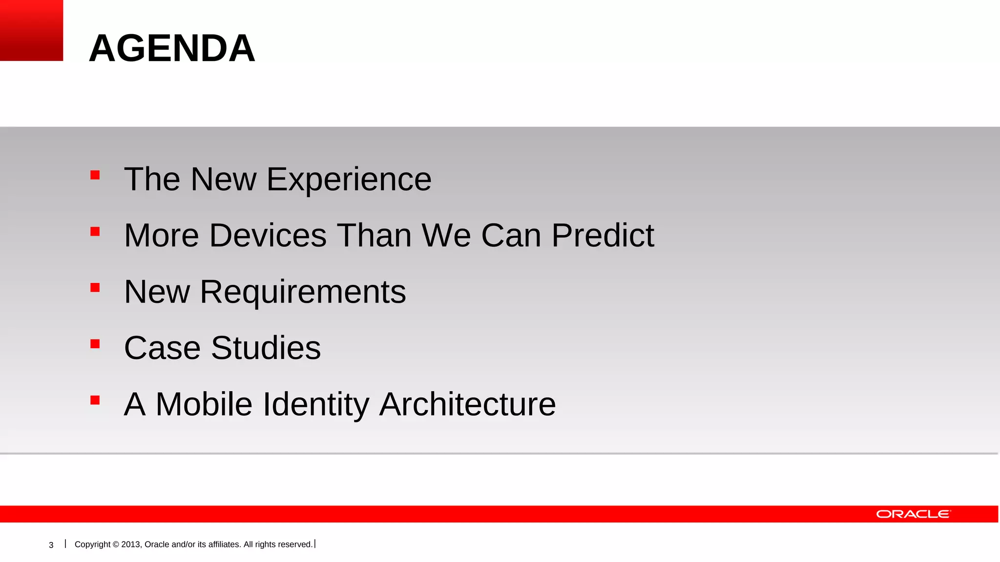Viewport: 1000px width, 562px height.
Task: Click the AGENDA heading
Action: coord(172,48)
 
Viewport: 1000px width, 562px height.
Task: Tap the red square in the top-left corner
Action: coord(31,30)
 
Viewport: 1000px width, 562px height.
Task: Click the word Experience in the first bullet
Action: coord(349,180)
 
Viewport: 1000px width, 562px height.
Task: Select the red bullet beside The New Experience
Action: coord(95,175)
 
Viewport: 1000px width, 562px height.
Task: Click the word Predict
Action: coord(603,236)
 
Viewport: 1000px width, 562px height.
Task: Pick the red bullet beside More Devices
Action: coord(95,231)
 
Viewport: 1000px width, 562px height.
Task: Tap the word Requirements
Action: coord(303,292)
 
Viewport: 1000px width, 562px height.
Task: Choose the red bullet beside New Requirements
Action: coord(95,288)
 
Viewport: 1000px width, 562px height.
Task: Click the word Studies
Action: coord(266,348)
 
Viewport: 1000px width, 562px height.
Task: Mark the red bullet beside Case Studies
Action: coord(95,344)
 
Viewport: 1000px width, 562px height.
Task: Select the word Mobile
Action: coord(204,404)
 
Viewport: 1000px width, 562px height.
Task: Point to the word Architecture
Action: coord(467,404)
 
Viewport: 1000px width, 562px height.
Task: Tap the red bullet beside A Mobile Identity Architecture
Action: coord(95,401)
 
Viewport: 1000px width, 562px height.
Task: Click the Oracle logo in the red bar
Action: coord(913,514)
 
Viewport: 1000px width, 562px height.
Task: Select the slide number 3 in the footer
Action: coord(51,545)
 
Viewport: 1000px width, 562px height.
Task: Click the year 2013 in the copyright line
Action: coord(131,544)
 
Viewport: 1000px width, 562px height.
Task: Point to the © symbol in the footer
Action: coord(116,544)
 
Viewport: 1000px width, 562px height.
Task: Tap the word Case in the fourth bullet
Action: coord(162,348)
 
